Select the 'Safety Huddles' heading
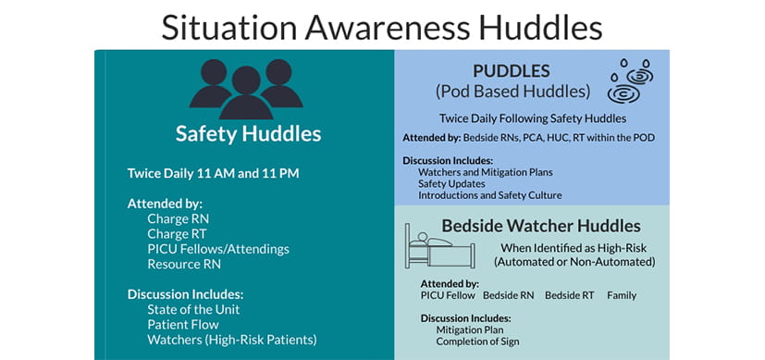coord(248,134)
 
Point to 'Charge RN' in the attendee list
coord(177,219)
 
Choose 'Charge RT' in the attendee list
coord(176,234)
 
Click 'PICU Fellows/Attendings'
coord(217,249)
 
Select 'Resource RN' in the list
coord(183,264)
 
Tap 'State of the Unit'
coord(193,309)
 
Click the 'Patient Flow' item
coord(182,324)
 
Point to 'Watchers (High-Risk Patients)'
coord(231,340)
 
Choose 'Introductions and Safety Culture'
coord(489,195)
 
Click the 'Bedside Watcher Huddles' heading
coord(540,225)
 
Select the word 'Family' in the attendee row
coord(621,295)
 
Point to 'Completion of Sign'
coord(477,341)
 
